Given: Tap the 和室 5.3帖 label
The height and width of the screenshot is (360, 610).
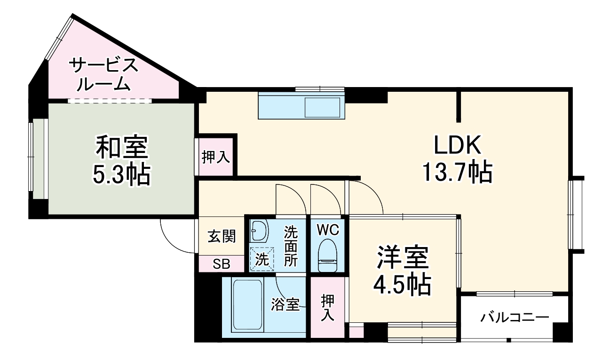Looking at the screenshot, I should coord(122,160).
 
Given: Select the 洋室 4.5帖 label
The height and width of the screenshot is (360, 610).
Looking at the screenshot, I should coord(402,270).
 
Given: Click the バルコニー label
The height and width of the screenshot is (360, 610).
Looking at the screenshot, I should coord(515,317).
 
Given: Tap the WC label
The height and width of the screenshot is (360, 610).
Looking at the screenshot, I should coord(327,230).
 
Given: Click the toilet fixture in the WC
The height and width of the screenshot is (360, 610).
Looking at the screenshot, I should coord(327,255).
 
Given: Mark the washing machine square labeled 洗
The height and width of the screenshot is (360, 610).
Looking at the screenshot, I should coord(261,259).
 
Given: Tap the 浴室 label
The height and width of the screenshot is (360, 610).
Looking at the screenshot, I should coord(285,304).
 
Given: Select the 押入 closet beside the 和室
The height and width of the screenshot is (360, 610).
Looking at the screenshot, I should coord(216,157).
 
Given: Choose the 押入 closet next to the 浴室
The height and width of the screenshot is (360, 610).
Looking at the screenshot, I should coord(327,308).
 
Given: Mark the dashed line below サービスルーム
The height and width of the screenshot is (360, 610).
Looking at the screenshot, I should coord(110,101).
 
